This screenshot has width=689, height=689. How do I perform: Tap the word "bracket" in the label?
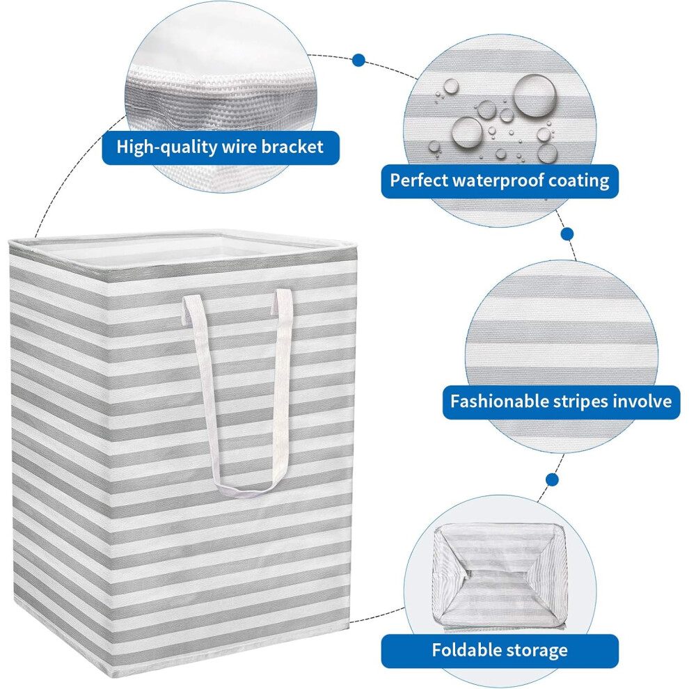tap(292, 146)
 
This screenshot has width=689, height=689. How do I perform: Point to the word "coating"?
tap(579, 181)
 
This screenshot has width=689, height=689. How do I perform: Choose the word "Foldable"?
tap(466, 650)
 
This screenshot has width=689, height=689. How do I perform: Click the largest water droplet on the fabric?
tap(534, 95)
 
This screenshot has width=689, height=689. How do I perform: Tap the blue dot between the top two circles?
tap(358, 60)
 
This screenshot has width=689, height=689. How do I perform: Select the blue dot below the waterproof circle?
tap(567, 233)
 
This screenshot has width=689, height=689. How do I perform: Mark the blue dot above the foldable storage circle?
tap(553, 480)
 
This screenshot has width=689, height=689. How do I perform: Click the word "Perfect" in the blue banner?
tap(419, 180)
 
